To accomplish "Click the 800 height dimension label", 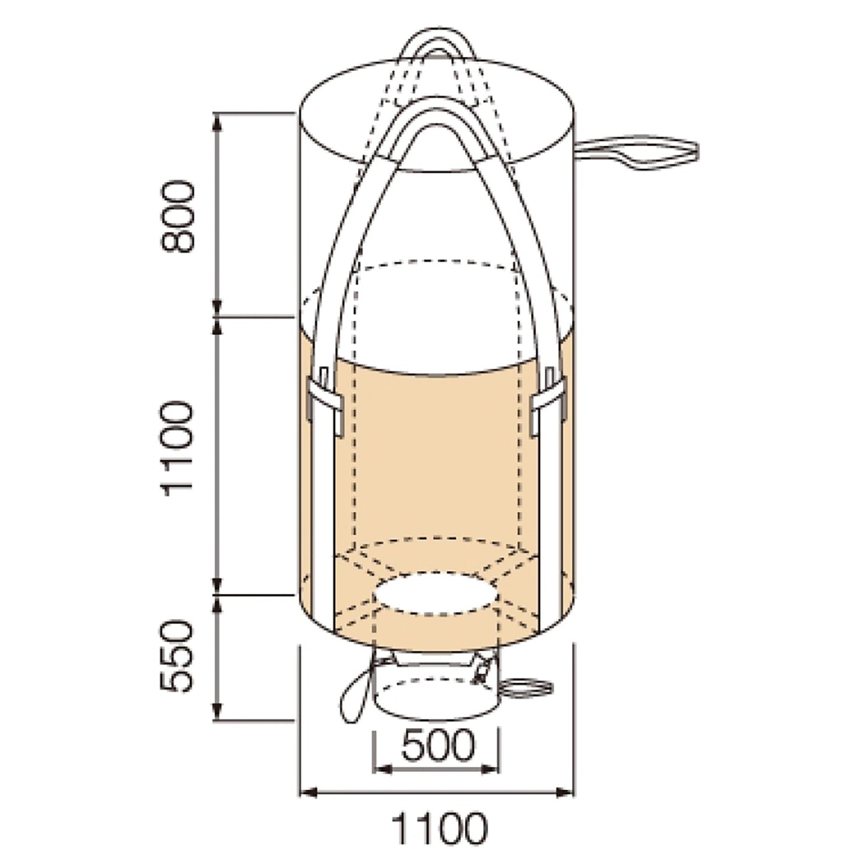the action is point(178,216).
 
